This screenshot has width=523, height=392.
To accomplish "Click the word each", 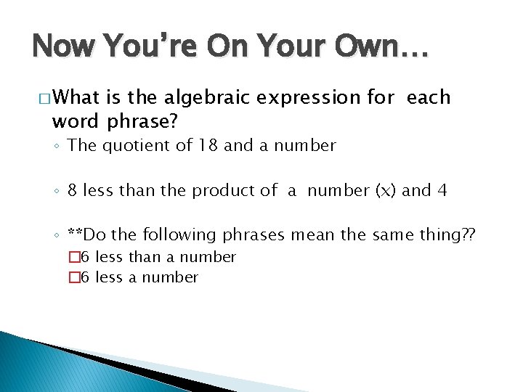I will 429,97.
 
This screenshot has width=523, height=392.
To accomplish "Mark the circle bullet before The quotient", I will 57,147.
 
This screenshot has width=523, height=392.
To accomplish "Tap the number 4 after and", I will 442,190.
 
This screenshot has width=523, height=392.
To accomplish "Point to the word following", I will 179,234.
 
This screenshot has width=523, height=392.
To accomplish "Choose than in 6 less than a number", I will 144,257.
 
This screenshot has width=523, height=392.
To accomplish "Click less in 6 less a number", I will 110,277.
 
